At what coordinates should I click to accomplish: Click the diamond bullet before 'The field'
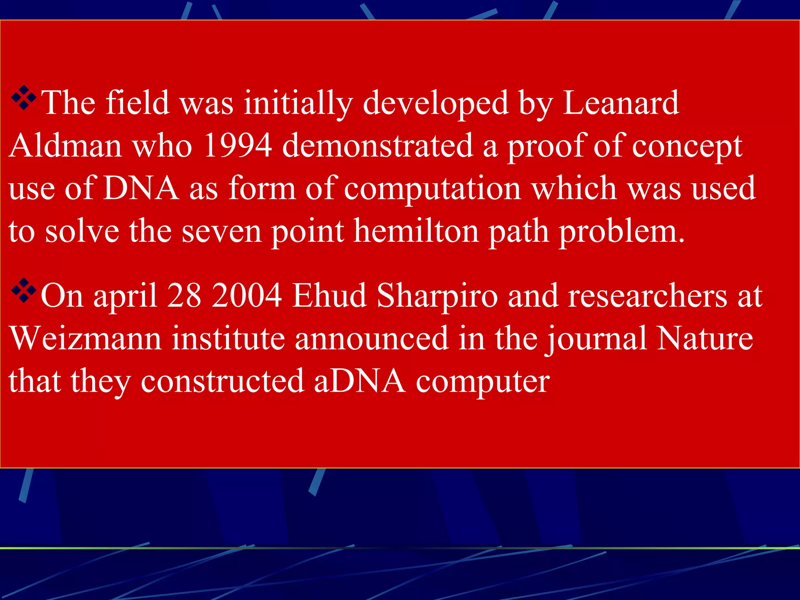point(23,98)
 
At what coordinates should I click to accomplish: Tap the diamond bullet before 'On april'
point(23,290)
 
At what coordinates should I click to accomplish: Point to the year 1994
point(237,146)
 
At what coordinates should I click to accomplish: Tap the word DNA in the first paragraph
point(141,189)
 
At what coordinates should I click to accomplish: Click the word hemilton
point(416,232)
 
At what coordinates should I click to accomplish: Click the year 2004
point(247,296)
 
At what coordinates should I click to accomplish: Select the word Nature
point(705,338)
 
